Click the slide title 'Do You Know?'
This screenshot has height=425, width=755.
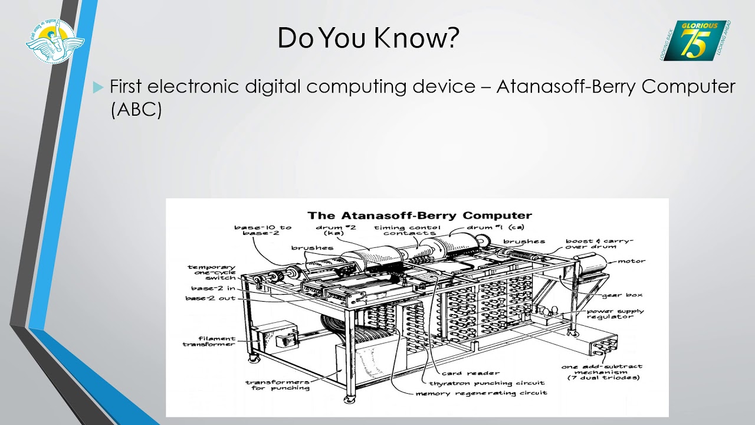pos(368,38)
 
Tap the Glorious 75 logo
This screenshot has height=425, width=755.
pos(694,40)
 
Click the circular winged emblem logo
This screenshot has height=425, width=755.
pos(54,40)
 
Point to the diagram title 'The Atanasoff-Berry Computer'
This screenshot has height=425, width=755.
pos(419,215)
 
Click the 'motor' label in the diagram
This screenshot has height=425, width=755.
pos(631,261)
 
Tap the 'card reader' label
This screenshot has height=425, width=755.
pos(470,373)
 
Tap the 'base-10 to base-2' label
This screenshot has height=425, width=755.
pos(262,230)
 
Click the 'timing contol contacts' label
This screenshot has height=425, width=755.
pos(406,230)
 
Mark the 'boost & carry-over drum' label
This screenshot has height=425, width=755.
pos(598,244)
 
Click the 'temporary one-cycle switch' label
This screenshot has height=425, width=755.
pos(212,272)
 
